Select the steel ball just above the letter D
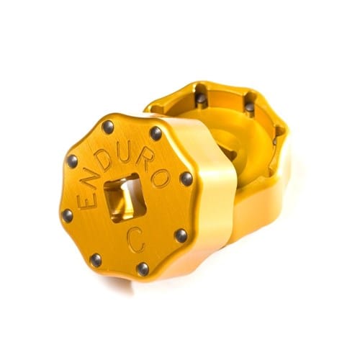(109, 127)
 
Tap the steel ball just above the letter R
(156, 133)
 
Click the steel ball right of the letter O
(186, 178)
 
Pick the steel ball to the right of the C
(181, 235)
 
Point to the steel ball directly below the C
(143, 269)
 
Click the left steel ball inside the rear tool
(201, 96)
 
